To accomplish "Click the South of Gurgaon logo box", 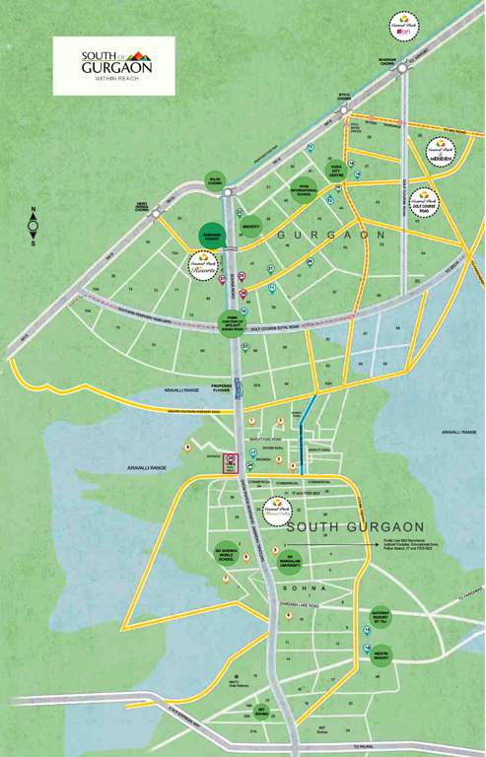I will point(113,66).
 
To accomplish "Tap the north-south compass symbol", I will point(33,227).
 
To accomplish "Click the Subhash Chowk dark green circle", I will point(211,235).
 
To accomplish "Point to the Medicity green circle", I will point(250,226).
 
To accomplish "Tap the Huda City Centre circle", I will point(336,170).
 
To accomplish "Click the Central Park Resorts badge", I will point(203,264).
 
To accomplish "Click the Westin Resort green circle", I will point(381,654).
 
